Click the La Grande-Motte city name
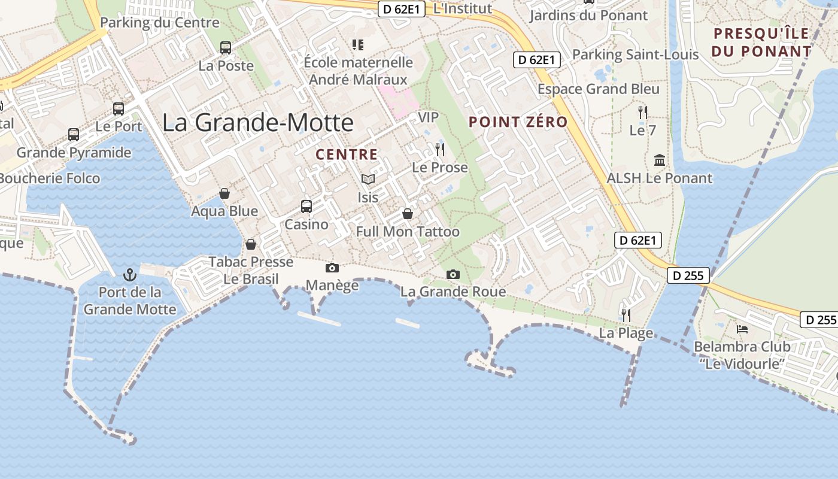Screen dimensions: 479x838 (258, 123)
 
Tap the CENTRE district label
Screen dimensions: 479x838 (347, 154)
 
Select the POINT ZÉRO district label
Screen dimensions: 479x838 (518, 122)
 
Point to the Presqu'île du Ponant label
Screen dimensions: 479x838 (761, 42)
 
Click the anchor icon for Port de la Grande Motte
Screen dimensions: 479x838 (130, 275)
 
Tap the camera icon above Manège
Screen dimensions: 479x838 (332, 268)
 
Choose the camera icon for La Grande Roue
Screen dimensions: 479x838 (453, 274)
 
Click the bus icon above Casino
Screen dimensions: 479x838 (306, 207)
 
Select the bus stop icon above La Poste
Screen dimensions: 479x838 (226, 48)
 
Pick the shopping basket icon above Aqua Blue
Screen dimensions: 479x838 (224, 193)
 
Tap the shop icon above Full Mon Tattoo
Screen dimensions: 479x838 (408, 214)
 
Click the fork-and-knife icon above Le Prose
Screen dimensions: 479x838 (440, 149)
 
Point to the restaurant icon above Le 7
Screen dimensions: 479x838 (643, 112)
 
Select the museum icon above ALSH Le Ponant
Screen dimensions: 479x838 (660, 160)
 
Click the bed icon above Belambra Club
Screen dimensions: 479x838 (742, 329)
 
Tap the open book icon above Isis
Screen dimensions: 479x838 (368, 179)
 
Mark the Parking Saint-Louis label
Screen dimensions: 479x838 (635, 54)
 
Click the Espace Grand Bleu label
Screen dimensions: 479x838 (598, 89)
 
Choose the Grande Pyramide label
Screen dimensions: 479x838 (74, 153)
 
